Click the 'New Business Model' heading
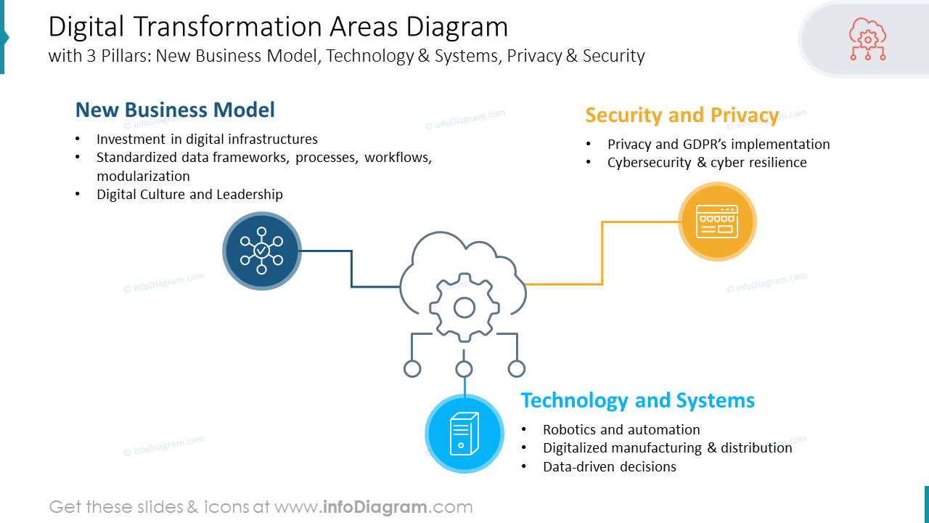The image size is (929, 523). pyautogui.click(x=175, y=110)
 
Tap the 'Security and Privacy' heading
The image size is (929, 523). pyautogui.click(x=682, y=115)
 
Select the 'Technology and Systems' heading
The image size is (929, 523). pyautogui.click(x=637, y=400)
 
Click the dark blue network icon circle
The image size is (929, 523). pyautogui.click(x=261, y=251)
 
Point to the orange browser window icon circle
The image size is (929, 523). pyautogui.click(x=717, y=222)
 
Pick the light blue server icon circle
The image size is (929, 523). pyautogui.click(x=464, y=434)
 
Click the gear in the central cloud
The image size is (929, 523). pyautogui.click(x=464, y=307)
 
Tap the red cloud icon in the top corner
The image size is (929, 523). pyautogui.click(x=867, y=39)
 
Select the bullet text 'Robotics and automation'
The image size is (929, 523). pyautogui.click(x=621, y=429)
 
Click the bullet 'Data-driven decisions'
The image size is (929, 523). pyautogui.click(x=610, y=467)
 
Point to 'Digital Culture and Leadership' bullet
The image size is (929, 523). pyautogui.click(x=189, y=194)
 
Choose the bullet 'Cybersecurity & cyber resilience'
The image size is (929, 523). pyautogui.click(x=707, y=162)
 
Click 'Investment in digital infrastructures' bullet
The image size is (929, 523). pyautogui.click(x=207, y=139)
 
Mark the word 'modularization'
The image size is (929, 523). pyautogui.click(x=143, y=176)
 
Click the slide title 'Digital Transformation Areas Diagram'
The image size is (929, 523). pyautogui.click(x=278, y=27)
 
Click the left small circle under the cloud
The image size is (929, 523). pyautogui.click(x=412, y=369)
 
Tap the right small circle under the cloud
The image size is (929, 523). pyautogui.click(x=517, y=369)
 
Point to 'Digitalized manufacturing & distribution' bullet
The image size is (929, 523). pyautogui.click(x=667, y=447)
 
